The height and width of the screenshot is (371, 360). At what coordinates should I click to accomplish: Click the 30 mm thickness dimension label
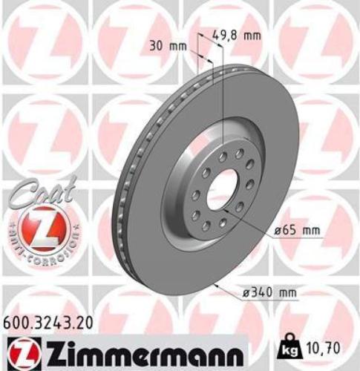point(166,45)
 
